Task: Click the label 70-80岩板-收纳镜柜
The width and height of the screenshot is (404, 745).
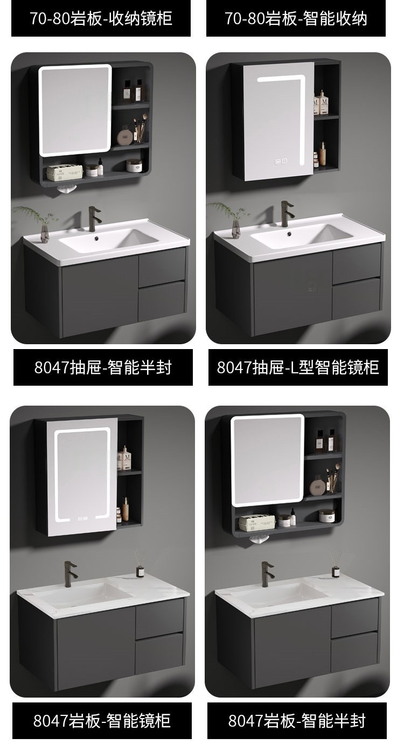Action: click(101, 18)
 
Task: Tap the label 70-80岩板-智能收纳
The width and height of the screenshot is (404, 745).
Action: click(296, 18)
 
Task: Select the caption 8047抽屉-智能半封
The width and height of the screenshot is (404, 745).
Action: click(103, 367)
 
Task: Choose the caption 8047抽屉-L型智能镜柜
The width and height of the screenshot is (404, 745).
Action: click(298, 367)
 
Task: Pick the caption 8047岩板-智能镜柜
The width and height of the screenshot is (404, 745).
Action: click(102, 720)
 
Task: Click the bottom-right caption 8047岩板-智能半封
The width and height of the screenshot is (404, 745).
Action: click(297, 720)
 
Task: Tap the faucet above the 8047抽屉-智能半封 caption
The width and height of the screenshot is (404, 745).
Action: click(94, 219)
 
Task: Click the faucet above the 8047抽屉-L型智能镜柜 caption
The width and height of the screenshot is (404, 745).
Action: click(287, 213)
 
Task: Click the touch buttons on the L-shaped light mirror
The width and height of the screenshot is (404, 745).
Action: click(281, 162)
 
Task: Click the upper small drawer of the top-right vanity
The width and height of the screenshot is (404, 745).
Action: click(357, 263)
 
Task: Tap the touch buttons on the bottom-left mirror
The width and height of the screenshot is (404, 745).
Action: click(82, 518)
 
